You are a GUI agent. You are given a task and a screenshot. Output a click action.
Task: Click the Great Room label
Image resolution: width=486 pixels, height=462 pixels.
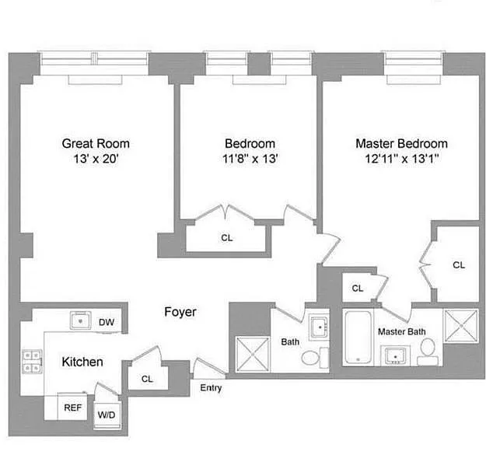click(x=96, y=144)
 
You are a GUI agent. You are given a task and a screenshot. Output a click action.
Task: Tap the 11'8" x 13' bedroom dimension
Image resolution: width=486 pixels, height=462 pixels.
click(x=250, y=159)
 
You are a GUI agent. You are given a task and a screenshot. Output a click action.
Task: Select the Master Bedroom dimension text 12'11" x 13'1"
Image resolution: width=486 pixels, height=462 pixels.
click(x=402, y=159)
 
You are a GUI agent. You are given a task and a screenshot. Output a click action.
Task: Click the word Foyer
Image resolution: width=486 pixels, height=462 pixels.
click(x=180, y=312)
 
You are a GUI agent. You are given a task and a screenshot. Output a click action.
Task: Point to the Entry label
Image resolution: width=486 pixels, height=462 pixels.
click(x=211, y=388)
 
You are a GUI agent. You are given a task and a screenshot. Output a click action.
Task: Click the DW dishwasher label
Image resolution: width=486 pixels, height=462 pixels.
click(x=107, y=322)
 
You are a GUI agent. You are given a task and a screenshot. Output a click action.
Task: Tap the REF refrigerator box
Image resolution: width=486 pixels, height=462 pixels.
click(x=72, y=407)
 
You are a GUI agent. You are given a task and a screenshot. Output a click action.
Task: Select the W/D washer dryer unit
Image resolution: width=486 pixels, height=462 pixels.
click(x=107, y=415)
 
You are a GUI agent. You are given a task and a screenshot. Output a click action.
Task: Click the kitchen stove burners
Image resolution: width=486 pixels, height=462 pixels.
click(x=32, y=362)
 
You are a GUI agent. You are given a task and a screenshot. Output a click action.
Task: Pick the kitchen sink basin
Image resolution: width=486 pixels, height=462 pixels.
click(x=80, y=320)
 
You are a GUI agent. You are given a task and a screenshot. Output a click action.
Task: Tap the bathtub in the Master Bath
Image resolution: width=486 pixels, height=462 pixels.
click(x=358, y=338)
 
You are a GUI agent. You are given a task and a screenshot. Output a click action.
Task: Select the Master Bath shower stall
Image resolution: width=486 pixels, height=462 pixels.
click(x=461, y=326)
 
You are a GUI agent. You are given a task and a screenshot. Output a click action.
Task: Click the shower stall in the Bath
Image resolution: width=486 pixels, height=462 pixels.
click(x=253, y=354)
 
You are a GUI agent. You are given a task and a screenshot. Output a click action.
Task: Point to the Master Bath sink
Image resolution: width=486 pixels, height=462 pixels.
click(x=395, y=355)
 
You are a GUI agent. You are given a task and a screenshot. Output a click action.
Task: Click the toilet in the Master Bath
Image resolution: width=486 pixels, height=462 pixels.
click(x=428, y=352)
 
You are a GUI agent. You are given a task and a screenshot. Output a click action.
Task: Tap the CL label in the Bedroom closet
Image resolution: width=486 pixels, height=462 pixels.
click(x=226, y=238)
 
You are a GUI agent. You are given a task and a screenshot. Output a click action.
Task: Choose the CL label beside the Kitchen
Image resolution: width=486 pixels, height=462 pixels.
click(x=147, y=379)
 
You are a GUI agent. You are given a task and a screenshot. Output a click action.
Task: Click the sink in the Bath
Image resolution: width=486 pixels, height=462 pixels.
click(x=320, y=327)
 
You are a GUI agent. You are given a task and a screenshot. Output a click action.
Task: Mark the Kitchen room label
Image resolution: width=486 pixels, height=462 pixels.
click(x=82, y=362)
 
